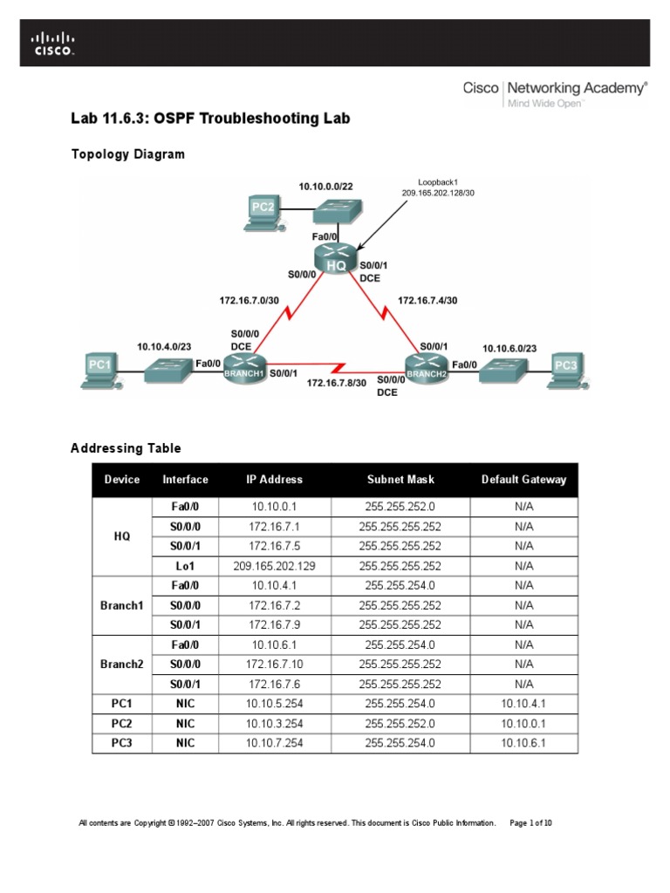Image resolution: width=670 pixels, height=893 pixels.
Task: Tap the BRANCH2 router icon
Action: click(426, 368)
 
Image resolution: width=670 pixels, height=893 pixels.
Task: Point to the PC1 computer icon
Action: click(100, 366)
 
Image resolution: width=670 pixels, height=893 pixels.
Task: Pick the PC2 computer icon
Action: click(263, 210)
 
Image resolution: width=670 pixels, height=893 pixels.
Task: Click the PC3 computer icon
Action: click(566, 367)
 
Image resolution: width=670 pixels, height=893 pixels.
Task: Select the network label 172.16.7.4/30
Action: click(427, 301)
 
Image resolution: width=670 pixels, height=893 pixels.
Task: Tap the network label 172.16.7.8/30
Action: click(336, 383)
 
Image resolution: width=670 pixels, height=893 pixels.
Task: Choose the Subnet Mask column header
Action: click(400, 480)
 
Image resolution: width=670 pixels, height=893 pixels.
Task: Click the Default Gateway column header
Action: click(523, 480)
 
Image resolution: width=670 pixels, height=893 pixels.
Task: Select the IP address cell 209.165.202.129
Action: click(274, 565)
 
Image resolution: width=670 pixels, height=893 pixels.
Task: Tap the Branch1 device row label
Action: click(121, 605)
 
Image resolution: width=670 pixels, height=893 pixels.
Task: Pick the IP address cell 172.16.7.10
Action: click(274, 665)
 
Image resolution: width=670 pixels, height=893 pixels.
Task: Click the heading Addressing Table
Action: click(126, 448)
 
